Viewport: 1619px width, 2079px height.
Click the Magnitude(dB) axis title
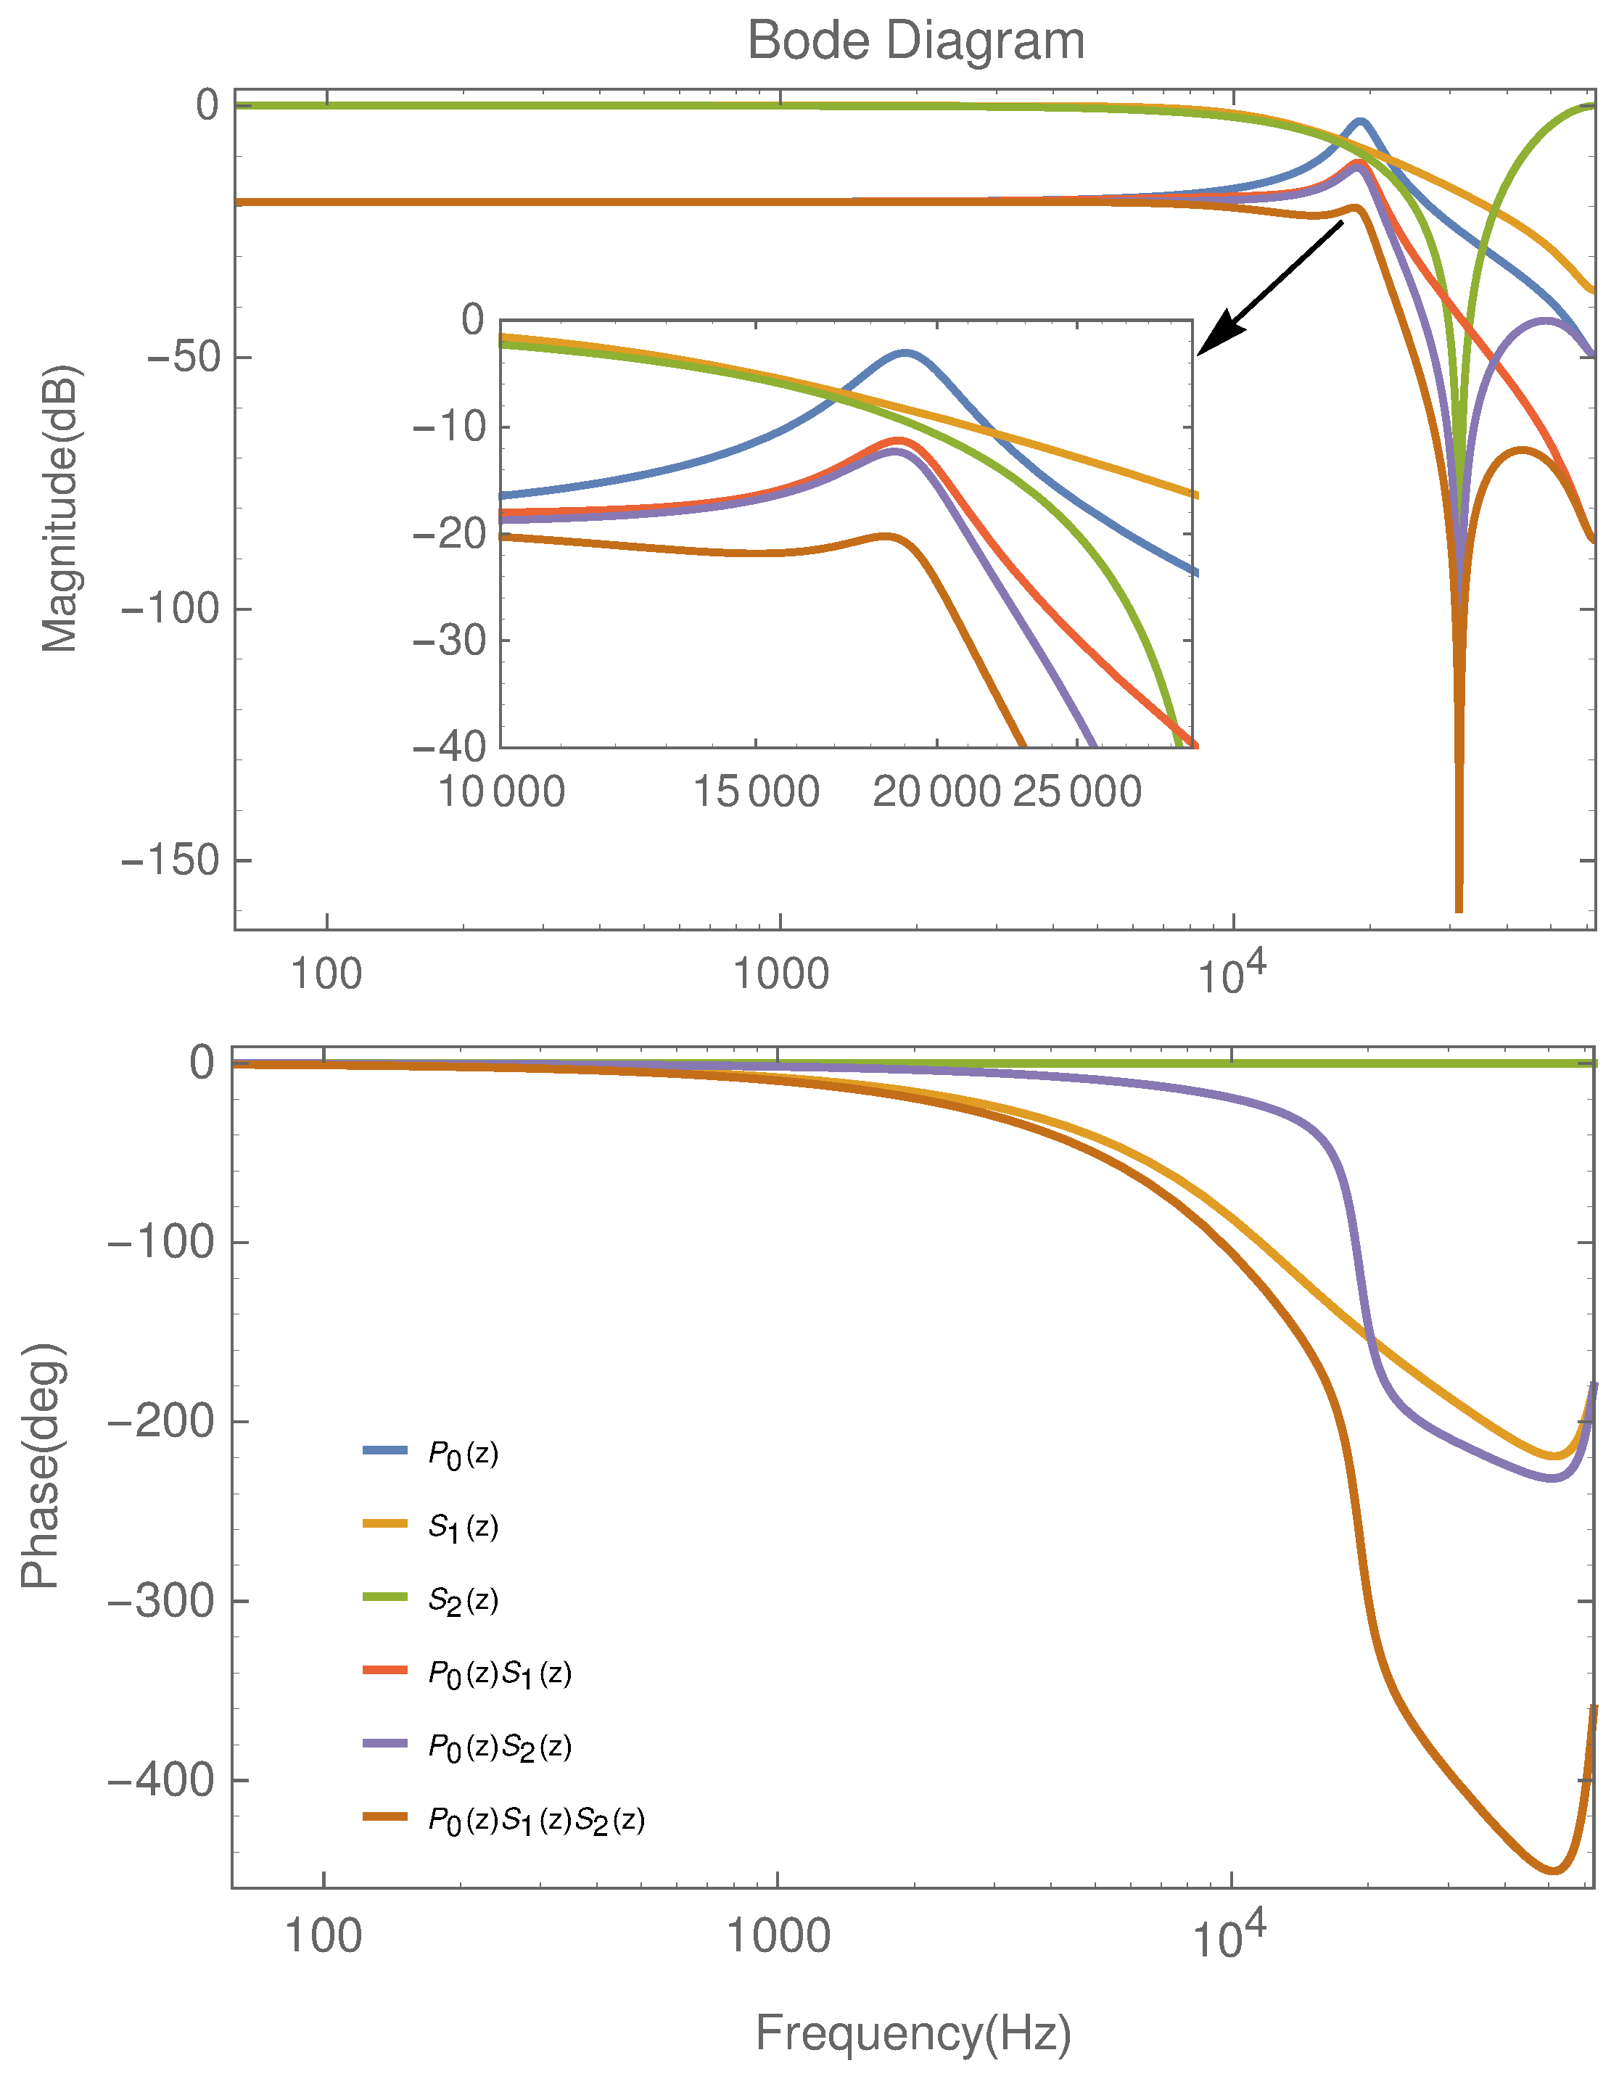60,509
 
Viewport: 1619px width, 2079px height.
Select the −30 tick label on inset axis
448,641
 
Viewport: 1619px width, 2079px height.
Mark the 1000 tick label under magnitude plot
780,975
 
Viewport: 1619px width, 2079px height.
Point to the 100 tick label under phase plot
324,1936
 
